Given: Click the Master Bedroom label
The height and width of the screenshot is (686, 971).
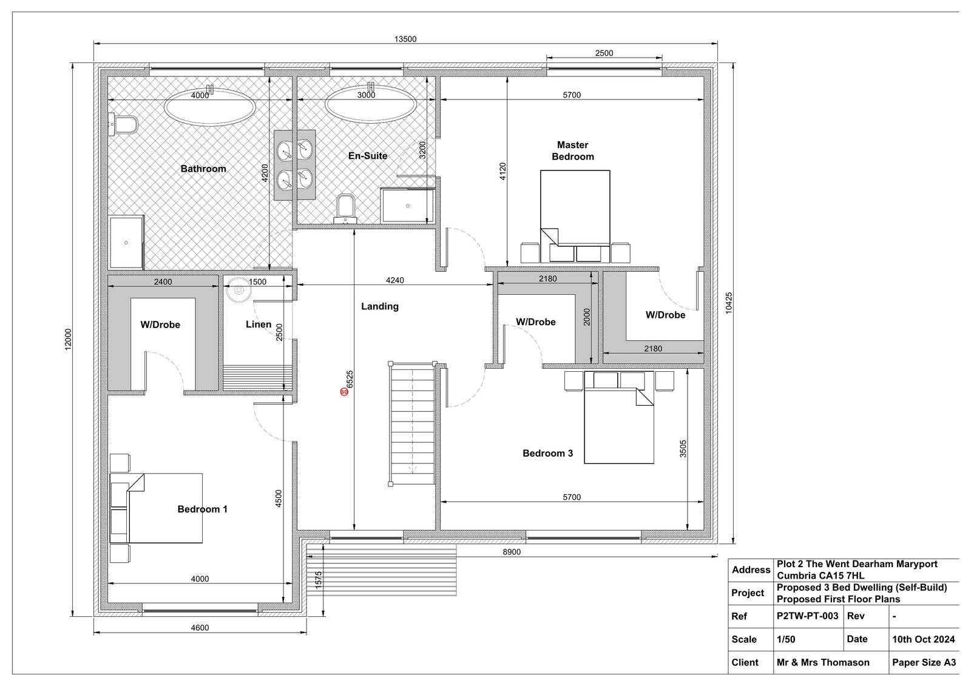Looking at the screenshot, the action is pos(573,151).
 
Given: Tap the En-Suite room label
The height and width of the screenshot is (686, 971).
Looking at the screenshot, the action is pos(368,155).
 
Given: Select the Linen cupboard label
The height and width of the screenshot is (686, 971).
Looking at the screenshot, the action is pos(259,324).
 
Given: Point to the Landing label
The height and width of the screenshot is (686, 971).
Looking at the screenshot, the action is pos(380,306).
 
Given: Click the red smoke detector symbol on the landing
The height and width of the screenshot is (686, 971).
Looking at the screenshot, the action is pos(344,392).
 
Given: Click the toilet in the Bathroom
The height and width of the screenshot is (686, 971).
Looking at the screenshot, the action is pos(123,125).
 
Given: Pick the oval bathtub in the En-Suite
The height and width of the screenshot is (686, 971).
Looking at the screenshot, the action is pos(371,104).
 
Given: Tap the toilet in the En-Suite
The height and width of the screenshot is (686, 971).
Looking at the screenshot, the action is pos(345,209).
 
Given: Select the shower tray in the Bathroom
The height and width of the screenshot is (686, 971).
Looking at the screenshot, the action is pos(126,242).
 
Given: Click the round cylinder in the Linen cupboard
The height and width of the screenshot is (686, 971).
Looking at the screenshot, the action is pos(238,289).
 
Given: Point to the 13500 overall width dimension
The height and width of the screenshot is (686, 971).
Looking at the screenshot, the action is pos(405,39).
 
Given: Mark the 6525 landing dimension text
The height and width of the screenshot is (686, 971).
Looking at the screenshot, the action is pos(350,378).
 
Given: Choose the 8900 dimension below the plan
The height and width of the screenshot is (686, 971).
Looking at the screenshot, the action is pos(512,552).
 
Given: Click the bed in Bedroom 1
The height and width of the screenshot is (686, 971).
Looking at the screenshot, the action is pos(156,508).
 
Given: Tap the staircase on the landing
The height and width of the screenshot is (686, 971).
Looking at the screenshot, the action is pos(412,423).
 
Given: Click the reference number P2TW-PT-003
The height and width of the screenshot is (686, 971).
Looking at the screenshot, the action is pos(807,616).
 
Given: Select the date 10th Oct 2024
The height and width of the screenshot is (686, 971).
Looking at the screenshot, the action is pos(923,639).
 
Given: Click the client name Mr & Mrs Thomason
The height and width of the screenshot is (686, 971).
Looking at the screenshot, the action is pos(823,662).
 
